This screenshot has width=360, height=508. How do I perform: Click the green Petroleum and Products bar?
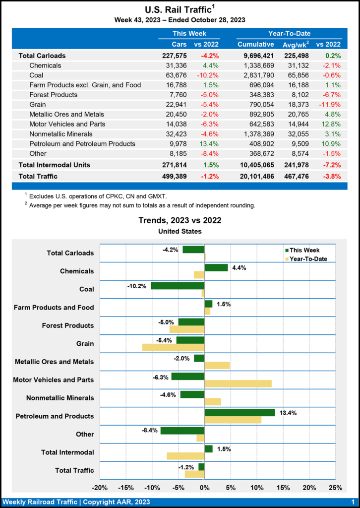click(240, 412)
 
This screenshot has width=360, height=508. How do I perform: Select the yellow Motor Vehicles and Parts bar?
click(238, 383)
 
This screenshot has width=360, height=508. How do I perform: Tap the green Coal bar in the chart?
click(178, 286)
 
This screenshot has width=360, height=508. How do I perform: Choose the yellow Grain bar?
click(173, 347)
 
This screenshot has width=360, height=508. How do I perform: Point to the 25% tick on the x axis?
click(335, 488)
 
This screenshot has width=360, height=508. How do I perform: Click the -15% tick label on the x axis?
click(126, 488)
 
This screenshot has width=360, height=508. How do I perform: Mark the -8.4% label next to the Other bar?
click(149, 430)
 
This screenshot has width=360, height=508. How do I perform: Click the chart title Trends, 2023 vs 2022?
click(180, 220)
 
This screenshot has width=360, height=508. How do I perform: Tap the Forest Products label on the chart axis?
click(69, 325)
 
